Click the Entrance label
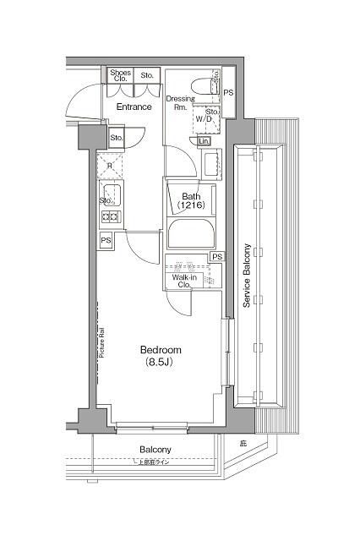(134, 107)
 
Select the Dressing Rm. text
(180, 102)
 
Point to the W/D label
(205, 120)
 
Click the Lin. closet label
(205, 141)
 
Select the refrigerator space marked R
(110, 166)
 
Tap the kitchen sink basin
(112, 198)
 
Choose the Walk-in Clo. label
(185, 281)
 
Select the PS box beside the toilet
(228, 91)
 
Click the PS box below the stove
(106, 241)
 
